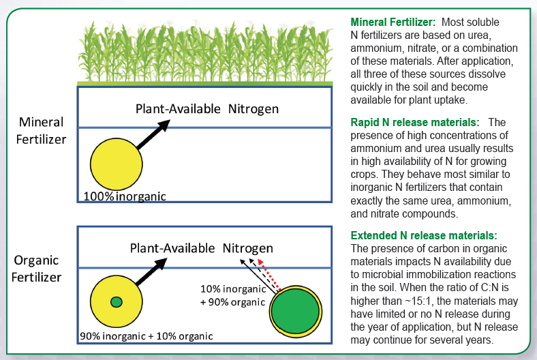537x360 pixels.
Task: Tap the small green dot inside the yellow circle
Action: pos(116,302)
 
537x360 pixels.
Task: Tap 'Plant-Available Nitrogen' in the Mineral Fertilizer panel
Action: pos(207,108)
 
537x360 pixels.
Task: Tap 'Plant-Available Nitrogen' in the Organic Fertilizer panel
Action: pos(202,247)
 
